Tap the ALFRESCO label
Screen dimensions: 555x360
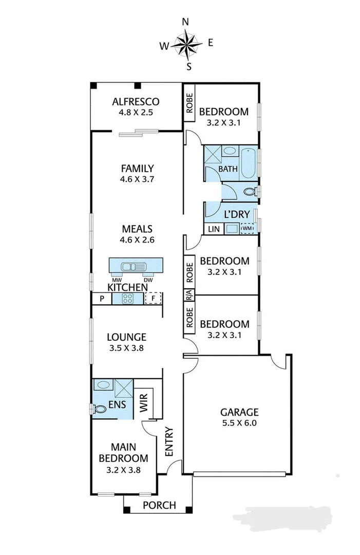point(136,101)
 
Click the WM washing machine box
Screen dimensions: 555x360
point(248,228)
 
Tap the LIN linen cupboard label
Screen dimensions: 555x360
point(213,229)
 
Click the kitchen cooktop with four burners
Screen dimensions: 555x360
point(127,299)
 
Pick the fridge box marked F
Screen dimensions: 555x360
point(153,299)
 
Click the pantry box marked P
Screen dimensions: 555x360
point(102,299)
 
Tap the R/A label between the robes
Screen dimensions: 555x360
point(189,295)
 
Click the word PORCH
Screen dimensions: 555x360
point(159,505)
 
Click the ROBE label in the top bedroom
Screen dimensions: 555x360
point(189,103)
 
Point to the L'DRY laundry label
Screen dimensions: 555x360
point(236,214)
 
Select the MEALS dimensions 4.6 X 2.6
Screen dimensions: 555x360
point(137,239)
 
